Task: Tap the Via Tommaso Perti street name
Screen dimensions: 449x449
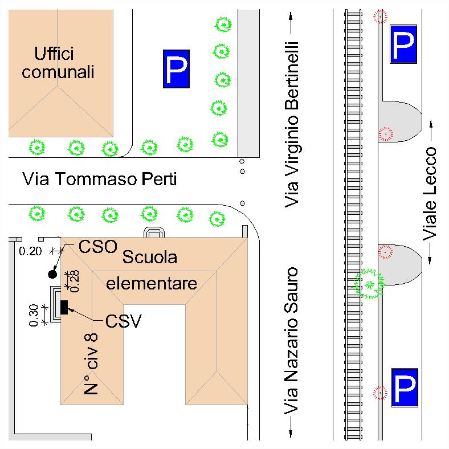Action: click(99, 179)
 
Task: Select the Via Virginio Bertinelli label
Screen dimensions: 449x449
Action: click(292, 124)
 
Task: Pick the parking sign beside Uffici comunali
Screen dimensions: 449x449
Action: click(176, 70)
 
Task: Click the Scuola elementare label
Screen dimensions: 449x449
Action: click(151, 270)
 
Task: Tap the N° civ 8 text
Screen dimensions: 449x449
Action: click(92, 365)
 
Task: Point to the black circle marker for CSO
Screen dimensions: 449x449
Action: click(52, 274)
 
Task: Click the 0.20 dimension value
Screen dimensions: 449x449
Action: click(30, 250)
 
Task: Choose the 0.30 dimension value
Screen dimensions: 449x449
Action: click(34, 315)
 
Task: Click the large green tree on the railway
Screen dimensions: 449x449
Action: click(370, 283)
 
